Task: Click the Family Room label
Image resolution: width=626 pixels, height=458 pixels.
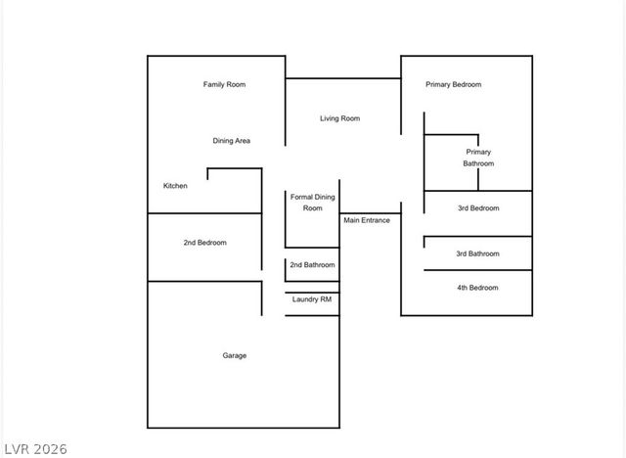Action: (x=224, y=85)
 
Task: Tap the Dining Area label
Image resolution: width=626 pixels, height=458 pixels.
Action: (x=232, y=141)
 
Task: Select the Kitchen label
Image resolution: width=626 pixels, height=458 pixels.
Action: (x=175, y=186)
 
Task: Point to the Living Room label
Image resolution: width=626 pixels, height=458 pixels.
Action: (x=340, y=118)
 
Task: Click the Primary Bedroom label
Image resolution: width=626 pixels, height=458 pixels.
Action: (x=454, y=85)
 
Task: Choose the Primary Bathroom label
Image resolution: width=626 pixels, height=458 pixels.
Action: (x=478, y=158)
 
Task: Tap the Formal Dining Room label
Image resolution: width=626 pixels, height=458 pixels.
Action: (x=313, y=203)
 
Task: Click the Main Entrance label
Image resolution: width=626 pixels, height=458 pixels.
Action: (x=367, y=220)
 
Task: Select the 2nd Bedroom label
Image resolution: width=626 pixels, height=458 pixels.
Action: (x=205, y=243)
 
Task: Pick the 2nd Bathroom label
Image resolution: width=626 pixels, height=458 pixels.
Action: (x=313, y=265)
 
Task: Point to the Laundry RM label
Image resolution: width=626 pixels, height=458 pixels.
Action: (x=312, y=299)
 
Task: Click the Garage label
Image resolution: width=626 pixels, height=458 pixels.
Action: (x=235, y=356)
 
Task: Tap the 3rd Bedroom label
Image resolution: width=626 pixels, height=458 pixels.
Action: (x=478, y=208)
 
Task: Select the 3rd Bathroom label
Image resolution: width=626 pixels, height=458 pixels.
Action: (x=478, y=254)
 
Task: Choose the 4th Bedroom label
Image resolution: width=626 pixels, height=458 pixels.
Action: (x=478, y=288)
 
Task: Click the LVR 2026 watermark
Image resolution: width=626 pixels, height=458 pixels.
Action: (x=36, y=449)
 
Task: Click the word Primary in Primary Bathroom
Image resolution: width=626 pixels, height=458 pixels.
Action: (x=478, y=152)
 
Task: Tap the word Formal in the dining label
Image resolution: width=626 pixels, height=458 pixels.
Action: (x=301, y=197)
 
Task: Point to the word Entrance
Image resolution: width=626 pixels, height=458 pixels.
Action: (x=376, y=220)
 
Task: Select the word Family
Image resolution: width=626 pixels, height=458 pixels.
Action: (x=213, y=85)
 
